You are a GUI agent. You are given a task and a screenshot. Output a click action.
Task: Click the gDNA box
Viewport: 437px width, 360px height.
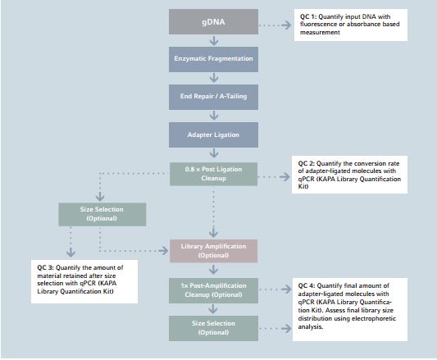[213, 22]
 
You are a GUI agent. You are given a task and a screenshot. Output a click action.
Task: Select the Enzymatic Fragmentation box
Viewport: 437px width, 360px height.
[213, 59]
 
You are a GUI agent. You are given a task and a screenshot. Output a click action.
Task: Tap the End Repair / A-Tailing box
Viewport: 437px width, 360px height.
[213, 97]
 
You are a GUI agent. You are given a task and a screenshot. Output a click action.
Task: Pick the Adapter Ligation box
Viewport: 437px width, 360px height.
[213, 134]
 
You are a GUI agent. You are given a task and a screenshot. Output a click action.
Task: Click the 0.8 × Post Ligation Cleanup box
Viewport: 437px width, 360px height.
[213, 174]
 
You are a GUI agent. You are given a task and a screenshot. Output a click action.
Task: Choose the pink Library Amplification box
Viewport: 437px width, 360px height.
[213, 251]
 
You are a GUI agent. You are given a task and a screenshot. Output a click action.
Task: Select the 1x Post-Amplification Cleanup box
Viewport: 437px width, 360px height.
[213, 290]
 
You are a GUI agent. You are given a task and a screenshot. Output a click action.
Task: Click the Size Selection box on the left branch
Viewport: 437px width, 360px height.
[102, 214]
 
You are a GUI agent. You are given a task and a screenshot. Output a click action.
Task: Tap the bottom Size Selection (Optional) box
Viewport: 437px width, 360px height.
[213, 328]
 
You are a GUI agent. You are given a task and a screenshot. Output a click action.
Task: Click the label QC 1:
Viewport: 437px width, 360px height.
[308, 16]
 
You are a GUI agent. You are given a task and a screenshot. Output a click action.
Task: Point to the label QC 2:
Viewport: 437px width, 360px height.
[307, 163]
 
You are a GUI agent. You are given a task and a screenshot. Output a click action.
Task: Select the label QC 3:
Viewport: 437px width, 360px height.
[45, 267]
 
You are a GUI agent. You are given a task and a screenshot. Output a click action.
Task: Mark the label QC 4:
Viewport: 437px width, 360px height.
[307, 286]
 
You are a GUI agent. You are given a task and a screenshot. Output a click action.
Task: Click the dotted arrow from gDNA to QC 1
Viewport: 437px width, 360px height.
[275, 25]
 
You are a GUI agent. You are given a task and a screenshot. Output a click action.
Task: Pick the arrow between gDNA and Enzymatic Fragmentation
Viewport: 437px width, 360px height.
[214, 41]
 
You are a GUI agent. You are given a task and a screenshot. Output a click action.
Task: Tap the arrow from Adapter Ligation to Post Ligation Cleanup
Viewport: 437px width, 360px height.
[214, 153]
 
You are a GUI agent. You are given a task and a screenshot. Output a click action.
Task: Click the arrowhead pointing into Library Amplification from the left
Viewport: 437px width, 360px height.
[164, 251]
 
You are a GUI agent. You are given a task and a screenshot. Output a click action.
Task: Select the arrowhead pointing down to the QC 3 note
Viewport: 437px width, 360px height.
[71, 253]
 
